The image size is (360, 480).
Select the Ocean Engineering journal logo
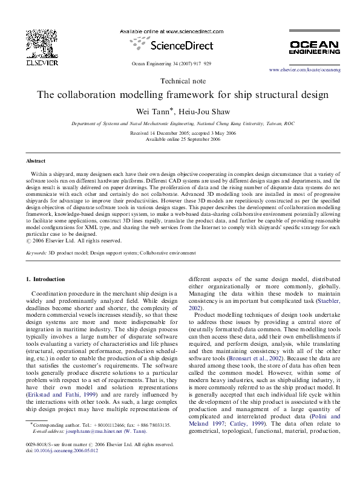coord(315,47)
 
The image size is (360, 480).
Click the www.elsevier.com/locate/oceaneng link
coord(304,71)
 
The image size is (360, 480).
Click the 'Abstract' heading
coord(36,161)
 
